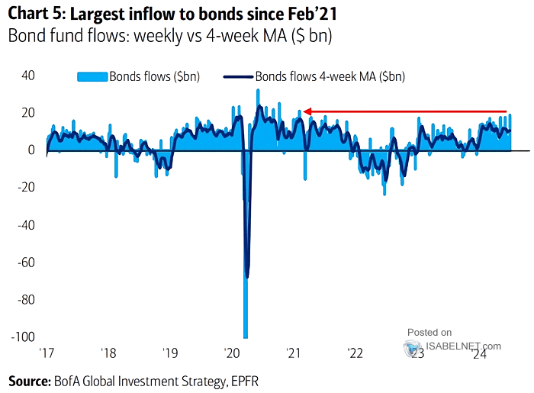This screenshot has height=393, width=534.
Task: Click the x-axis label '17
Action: pos(47,354)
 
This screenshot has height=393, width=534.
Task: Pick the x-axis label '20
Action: pos(232,354)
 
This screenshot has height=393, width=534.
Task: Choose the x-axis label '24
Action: pos(479,354)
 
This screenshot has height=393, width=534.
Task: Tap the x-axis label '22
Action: pos(355,354)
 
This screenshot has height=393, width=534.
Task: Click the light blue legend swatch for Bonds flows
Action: pos(92,76)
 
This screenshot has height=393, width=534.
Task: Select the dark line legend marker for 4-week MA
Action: pos(237,76)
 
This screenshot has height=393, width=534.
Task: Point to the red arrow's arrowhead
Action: pos(306,111)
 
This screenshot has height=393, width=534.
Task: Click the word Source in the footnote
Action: pos(28,379)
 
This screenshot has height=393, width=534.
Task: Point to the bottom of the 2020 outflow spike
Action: pos(246,337)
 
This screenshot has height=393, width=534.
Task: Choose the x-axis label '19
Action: pos(170,354)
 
